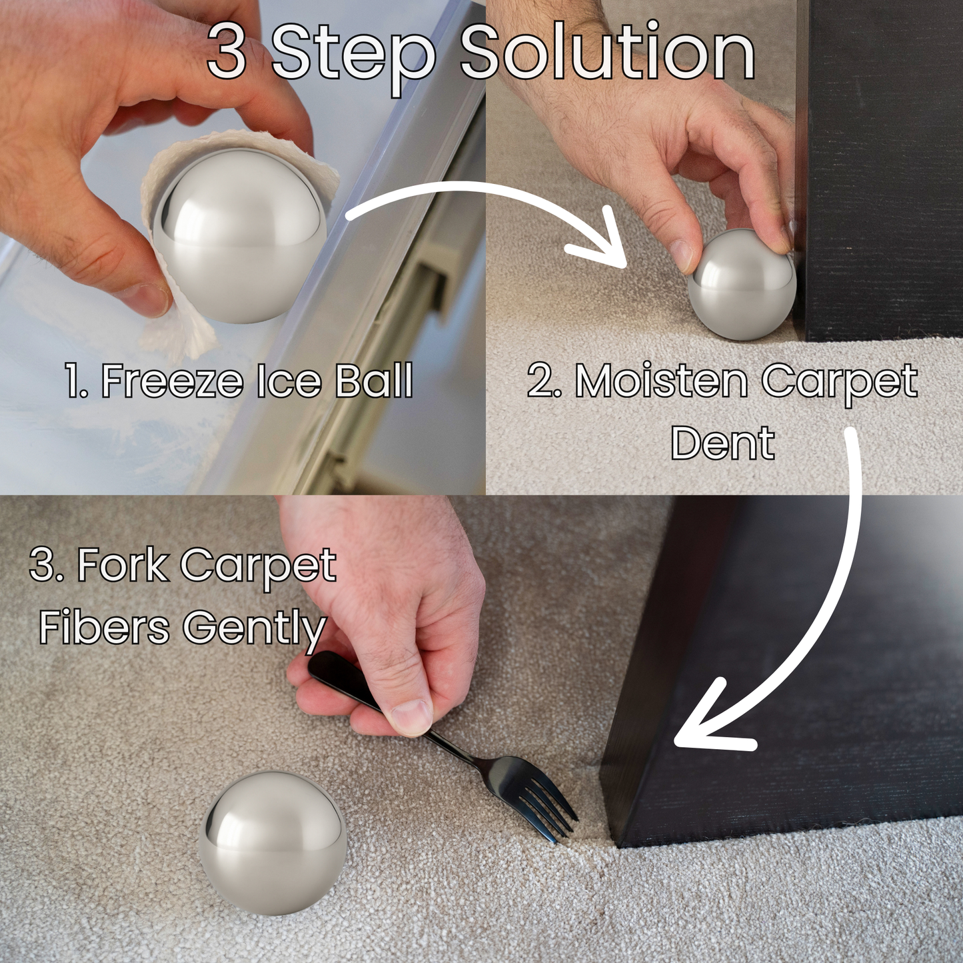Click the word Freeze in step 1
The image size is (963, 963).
172,381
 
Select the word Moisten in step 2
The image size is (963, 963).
661,381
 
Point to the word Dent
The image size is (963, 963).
722,443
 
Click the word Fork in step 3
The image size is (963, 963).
123,565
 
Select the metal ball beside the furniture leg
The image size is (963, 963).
741,287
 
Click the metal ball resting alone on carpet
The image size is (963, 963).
273,844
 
